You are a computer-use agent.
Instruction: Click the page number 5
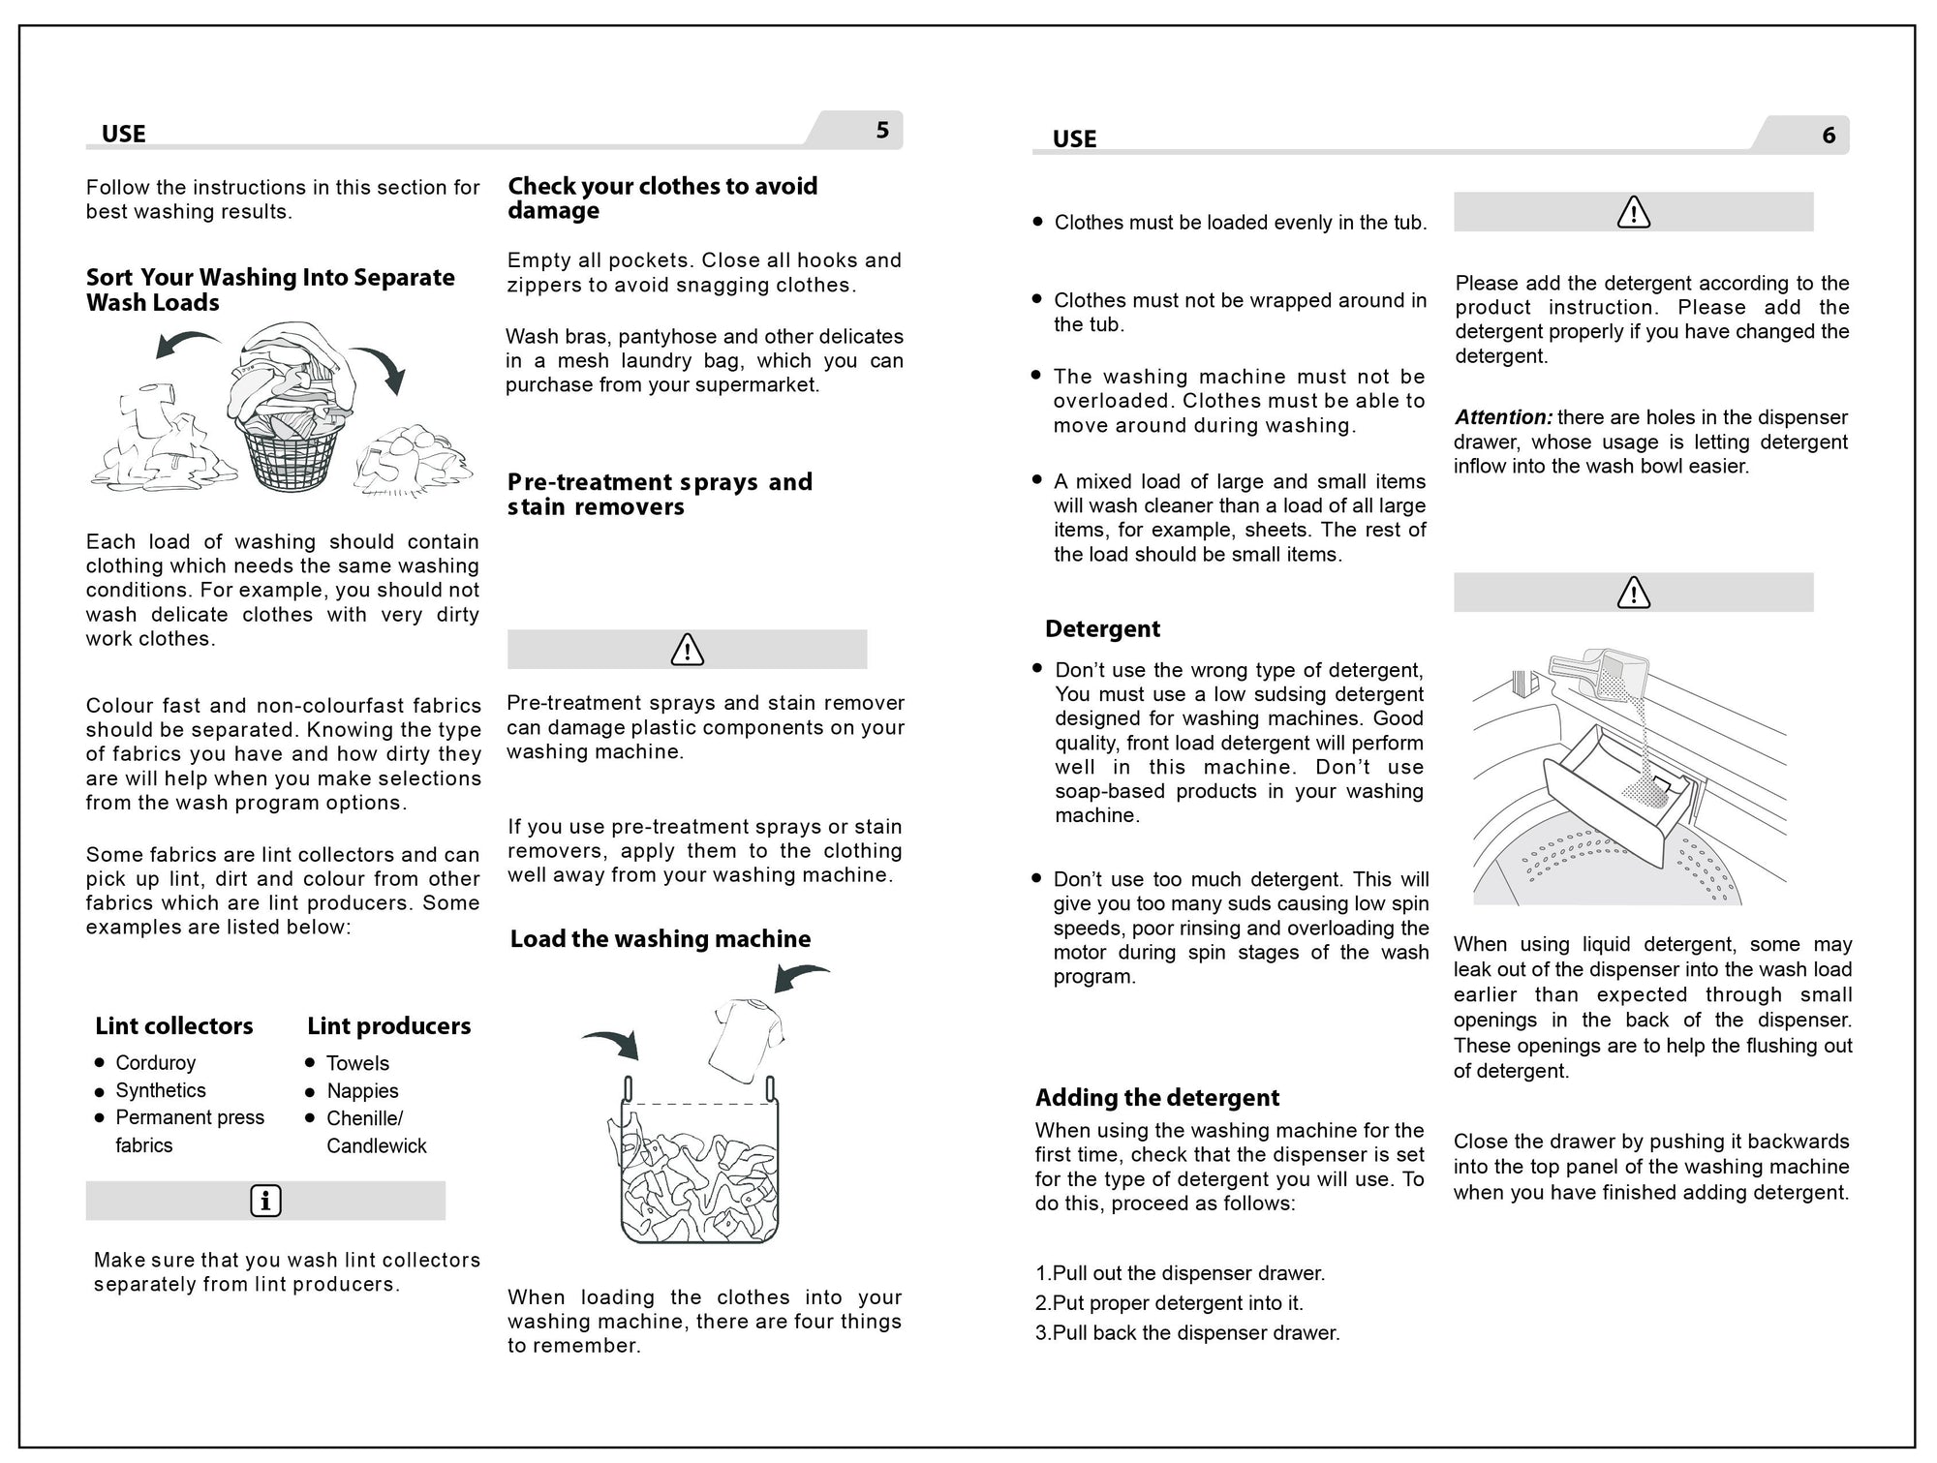(x=881, y=131)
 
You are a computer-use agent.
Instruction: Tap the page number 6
(x=1829, y=136)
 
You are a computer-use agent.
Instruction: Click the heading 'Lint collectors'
(x=174, y=1026)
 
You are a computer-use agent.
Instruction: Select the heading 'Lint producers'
(x=389, y=1026)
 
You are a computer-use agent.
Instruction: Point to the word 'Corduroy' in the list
(x=156, y=1063)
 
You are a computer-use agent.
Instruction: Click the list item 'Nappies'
(x=362, y=1091)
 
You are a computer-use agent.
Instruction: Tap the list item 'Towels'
(x=357, y=1063)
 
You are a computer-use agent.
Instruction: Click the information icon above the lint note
(x=265, y=1202)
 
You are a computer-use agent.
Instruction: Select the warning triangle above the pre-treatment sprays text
(x=687, y=650)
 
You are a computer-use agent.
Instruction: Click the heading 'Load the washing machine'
(x=661, y=939)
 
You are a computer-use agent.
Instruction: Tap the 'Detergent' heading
(x=1102, y=629)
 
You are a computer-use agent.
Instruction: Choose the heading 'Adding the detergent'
(x=1157, y=1098)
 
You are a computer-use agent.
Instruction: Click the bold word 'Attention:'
(x=1503, y=418)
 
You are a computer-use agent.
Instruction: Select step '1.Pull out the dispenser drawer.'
(x=1180, y=1274)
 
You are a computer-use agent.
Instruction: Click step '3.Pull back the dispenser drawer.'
(x=1187, y=1333)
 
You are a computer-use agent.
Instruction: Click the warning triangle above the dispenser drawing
(x=1634, y=593)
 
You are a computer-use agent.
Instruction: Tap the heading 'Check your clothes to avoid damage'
(x=662, y=198)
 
